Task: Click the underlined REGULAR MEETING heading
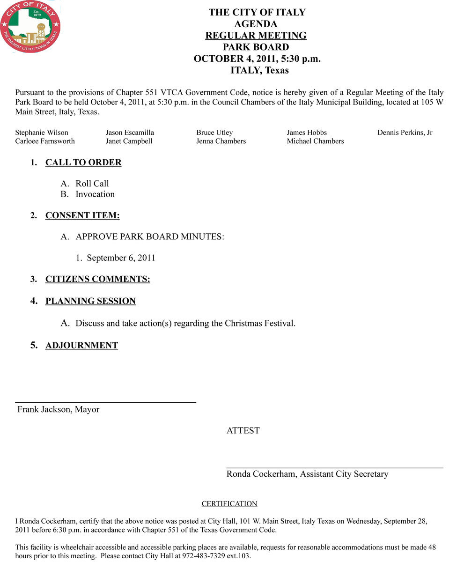tap(256, 36)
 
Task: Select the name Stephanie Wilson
tap(42, 133)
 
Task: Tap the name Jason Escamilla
tap(130, 133)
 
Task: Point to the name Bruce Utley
tap(214, 133)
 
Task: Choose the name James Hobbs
tap(307, 133)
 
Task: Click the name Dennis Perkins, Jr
tap(405, 133)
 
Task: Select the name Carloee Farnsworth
tap(45, 141)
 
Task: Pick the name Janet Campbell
tap(129, 141)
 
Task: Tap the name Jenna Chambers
tap(221, 141)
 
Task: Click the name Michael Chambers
tap(315, 141)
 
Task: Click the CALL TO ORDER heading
tap(83, 163)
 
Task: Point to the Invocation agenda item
tap(95, 194)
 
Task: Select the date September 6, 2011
tap(121, 258)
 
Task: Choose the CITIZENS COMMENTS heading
tap(97, 280)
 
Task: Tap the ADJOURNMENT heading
tap(81, 346)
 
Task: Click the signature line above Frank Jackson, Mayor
tap(105, 402)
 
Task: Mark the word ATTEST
tap(243, 431)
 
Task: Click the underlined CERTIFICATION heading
tap(229, 504)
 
